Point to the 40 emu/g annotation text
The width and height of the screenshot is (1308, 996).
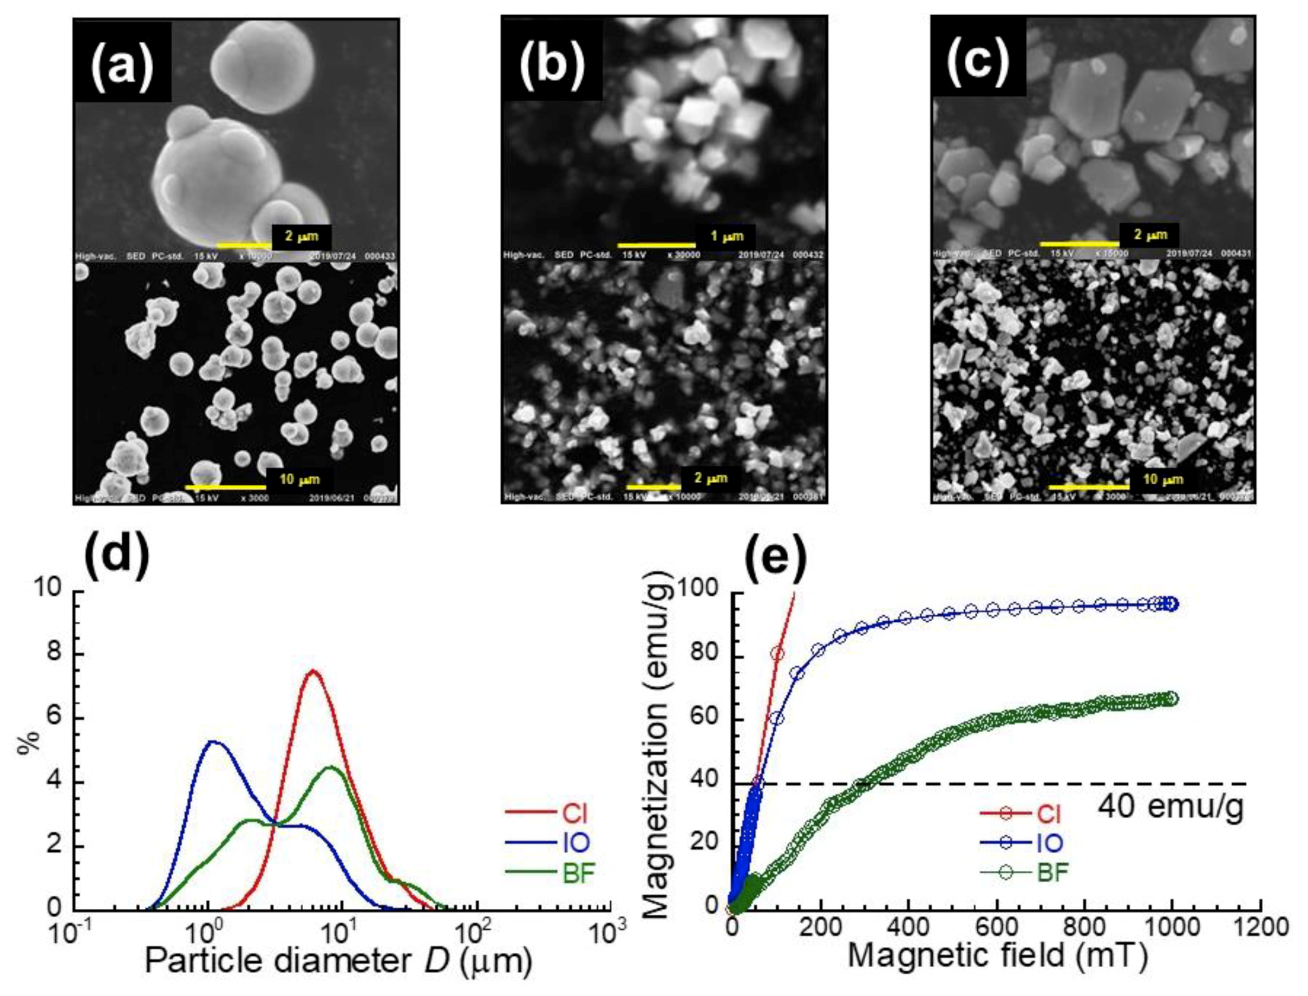tap(1170, 808)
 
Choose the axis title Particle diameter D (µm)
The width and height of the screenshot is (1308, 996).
tap(338, 962)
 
